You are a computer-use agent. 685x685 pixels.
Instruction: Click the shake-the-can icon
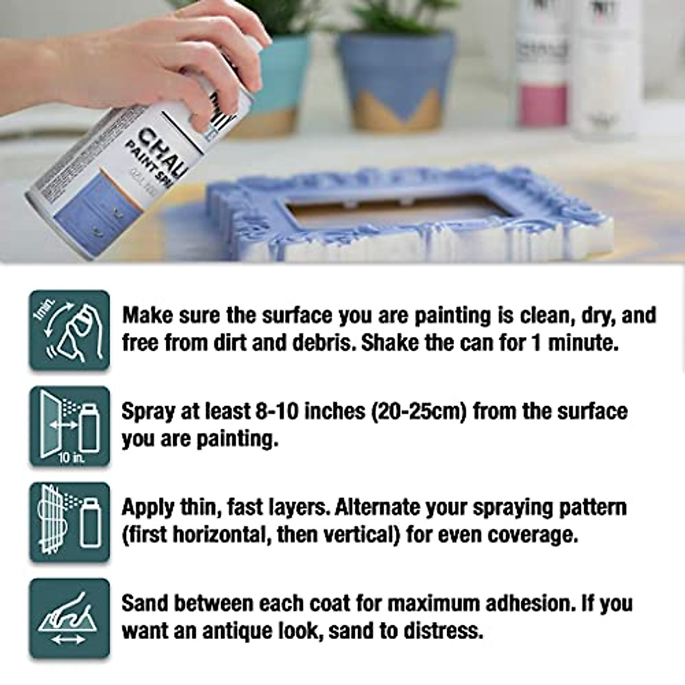point(70,331)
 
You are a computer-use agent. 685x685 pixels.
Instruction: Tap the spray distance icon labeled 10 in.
point(70,426)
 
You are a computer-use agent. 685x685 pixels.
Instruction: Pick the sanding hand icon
point(70,618)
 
